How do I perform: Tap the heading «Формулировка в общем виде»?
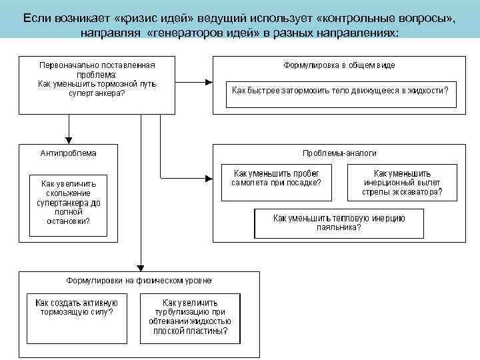coord(339,65)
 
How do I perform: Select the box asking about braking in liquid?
coord(339,90)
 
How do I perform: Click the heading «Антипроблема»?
coord(69,153)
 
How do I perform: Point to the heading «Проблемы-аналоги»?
coord(339,153)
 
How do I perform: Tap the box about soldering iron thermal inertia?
coord(339,223)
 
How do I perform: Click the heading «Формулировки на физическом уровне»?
coord(139,280)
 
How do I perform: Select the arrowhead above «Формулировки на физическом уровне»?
coord(139,265)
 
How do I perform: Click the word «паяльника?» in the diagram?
coord(339,227)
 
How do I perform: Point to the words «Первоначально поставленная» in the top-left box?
coord(97,65)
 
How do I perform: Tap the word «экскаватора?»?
coord(420,193)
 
